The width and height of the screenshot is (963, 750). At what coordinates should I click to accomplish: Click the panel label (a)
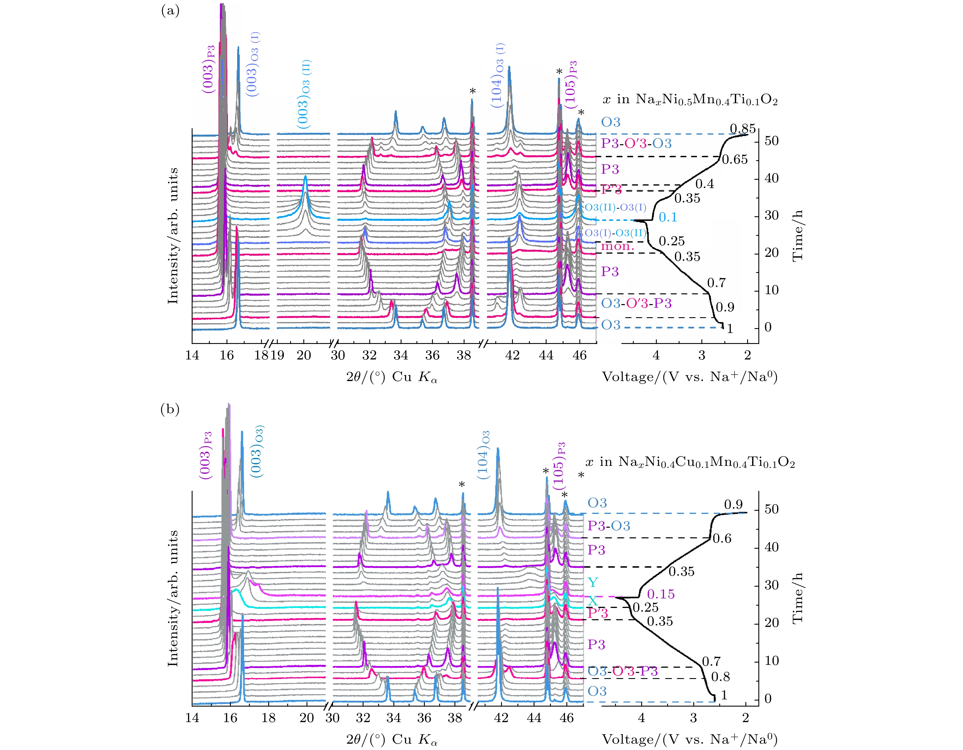[170, 11]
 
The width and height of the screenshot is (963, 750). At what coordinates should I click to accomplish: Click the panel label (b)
[170, 410]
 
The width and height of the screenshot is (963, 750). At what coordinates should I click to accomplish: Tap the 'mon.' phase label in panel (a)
[617, 246]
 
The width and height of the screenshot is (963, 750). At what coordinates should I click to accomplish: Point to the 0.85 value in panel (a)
[743, 129]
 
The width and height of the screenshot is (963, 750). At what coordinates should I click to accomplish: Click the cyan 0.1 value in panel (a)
[668, 217]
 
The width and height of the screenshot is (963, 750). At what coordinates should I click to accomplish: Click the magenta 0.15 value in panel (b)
[661, 594]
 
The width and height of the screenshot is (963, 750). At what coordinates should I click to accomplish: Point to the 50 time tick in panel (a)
[772, 141]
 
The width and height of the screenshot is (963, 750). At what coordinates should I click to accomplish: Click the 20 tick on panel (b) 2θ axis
[307, 718]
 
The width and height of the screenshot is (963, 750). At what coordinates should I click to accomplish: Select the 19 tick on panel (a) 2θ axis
[277, 355]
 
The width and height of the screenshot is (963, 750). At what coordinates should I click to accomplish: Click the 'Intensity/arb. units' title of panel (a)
[173, 236]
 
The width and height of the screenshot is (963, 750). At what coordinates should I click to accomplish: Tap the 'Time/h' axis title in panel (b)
[797, 598]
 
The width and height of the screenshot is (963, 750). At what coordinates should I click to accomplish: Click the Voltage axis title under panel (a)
[690, 377]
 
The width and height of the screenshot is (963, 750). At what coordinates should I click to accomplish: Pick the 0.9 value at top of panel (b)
[733, 505]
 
